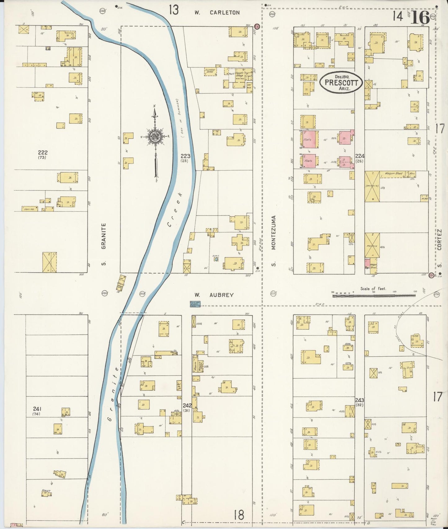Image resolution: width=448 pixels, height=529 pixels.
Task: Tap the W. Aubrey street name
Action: click(x=214, y=295)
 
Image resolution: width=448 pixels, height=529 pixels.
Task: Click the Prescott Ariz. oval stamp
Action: click(x=341, y=83)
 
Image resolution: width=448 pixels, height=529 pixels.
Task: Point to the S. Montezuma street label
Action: click(x=273, y=241)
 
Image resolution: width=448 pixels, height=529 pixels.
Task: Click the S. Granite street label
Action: click(x=104, y=244)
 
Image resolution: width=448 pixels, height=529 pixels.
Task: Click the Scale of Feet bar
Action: click(x=374, y=295)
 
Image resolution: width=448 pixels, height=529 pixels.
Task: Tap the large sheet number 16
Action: click(x=420, y=18)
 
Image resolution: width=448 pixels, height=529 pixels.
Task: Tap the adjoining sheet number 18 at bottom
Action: click(x=239, y=515)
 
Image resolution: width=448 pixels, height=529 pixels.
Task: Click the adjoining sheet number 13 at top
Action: click(x=174, y=10)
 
